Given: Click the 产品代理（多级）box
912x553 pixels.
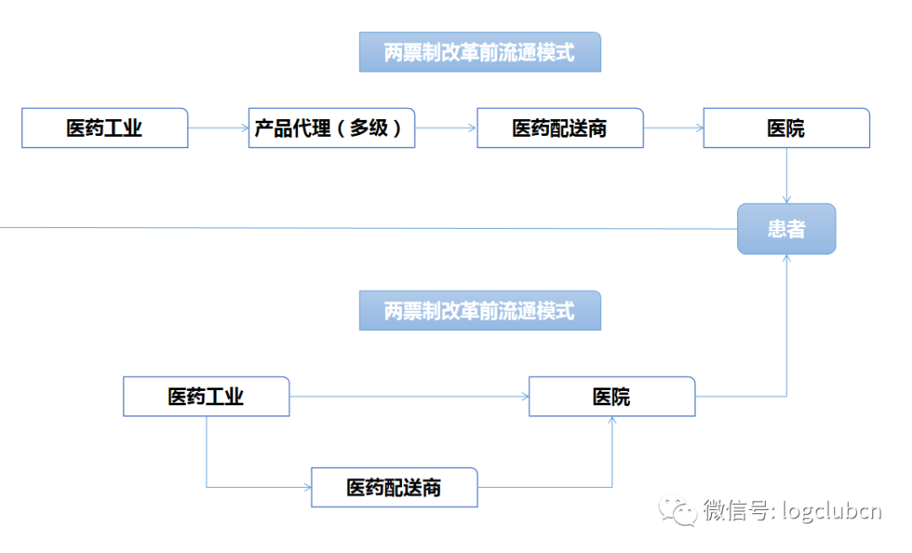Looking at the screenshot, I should tap(331, 128).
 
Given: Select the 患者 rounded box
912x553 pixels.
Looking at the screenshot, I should tap(786, 229).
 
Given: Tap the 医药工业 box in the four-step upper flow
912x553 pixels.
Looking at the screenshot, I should tap(105, 128).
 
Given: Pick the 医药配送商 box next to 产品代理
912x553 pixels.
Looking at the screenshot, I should tap(560, 128).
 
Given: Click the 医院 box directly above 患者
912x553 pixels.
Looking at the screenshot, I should tap(786, 128).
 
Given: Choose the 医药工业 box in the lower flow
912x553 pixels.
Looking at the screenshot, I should tap(206, 397).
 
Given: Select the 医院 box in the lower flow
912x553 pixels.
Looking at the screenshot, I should tap(611, 397).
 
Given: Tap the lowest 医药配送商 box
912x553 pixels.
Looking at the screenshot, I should tap(394, 487).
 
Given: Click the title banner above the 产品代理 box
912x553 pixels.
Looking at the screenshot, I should tap(480, 52).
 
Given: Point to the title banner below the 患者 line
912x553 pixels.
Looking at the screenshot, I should tap(480, 311).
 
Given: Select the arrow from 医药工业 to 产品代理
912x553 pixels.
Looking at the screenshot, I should tap(218, 128).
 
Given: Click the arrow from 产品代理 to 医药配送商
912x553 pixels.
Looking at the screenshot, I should tap(446, 128).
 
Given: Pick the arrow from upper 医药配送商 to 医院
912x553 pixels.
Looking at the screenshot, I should tap(673, 128).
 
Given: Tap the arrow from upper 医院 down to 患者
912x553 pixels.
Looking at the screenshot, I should tap(786, 176).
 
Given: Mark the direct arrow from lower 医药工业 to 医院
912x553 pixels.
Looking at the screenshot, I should tap(409, 397).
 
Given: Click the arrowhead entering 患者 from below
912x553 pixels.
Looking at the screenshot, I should tap(786, 259).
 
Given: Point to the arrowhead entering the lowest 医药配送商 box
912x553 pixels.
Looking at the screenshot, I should tap(307, 487).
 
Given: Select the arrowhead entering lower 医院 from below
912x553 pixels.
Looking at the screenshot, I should tap(611, 421).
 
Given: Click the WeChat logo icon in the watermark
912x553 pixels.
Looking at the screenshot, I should tap(679, 510).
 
